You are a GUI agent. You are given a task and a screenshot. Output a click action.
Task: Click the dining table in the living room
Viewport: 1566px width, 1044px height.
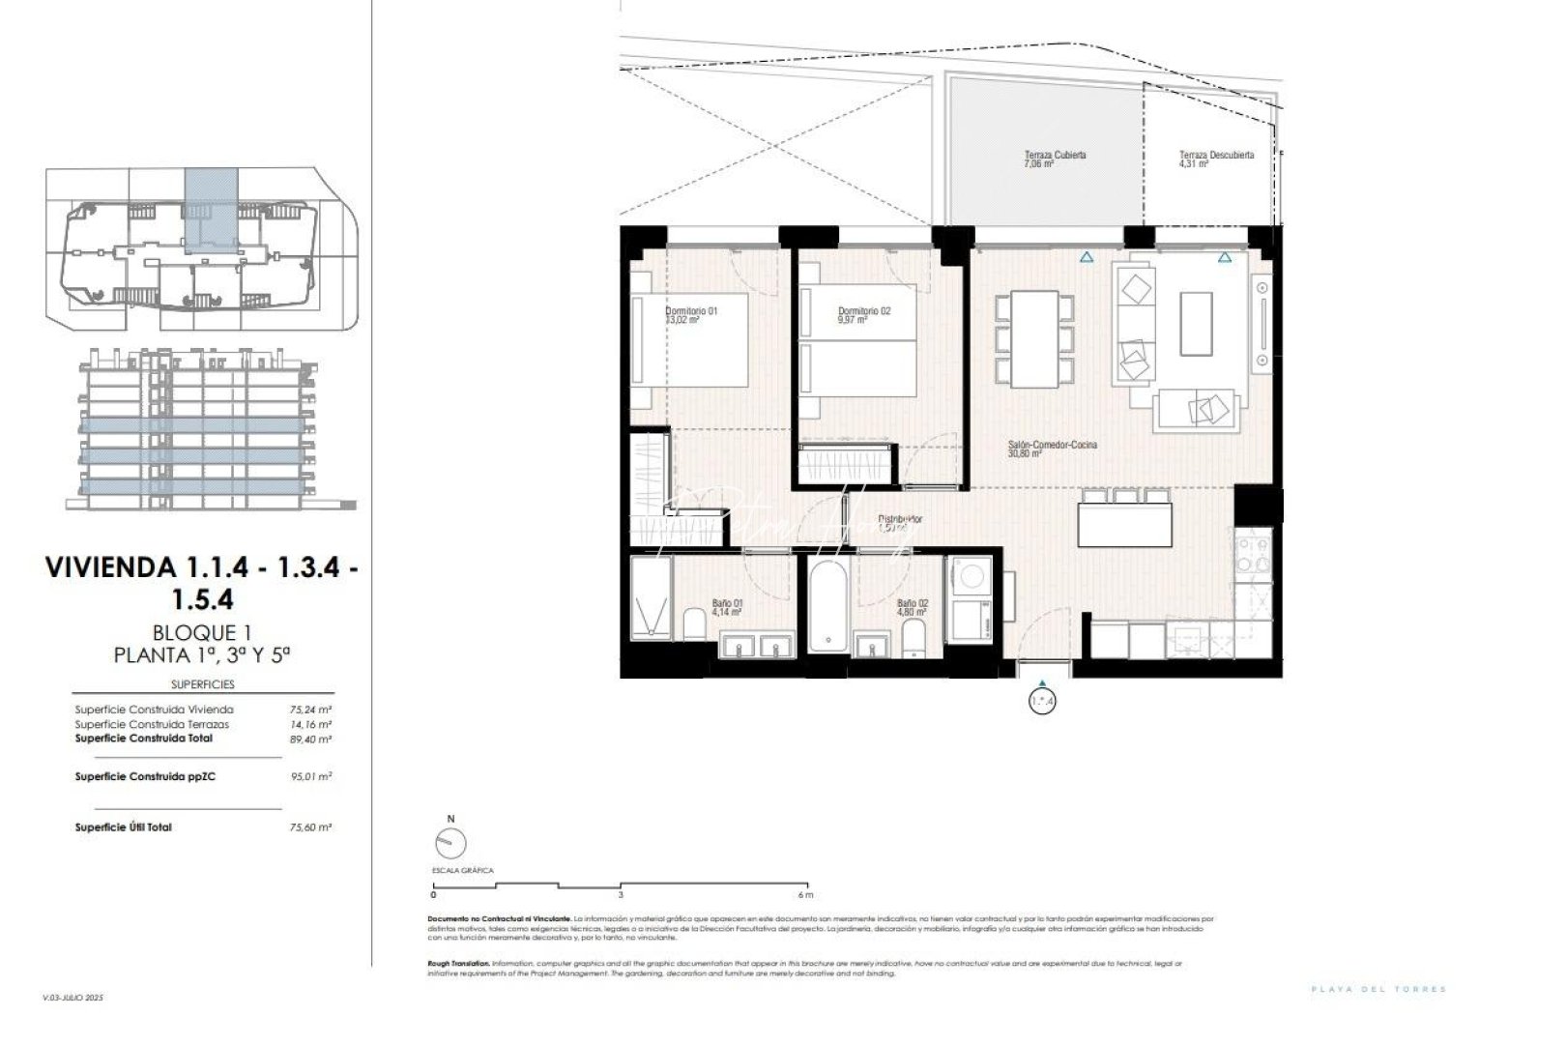(1033, 339)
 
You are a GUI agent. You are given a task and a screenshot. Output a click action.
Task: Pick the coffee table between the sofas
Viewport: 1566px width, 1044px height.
(1196, 324)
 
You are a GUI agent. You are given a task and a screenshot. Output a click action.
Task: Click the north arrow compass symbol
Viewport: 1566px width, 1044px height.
(449, 843)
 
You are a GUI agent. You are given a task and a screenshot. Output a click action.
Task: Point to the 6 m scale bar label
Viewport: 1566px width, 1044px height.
(806, 895)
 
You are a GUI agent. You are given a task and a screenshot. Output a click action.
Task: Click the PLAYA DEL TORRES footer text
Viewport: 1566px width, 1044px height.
(1378, 989)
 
